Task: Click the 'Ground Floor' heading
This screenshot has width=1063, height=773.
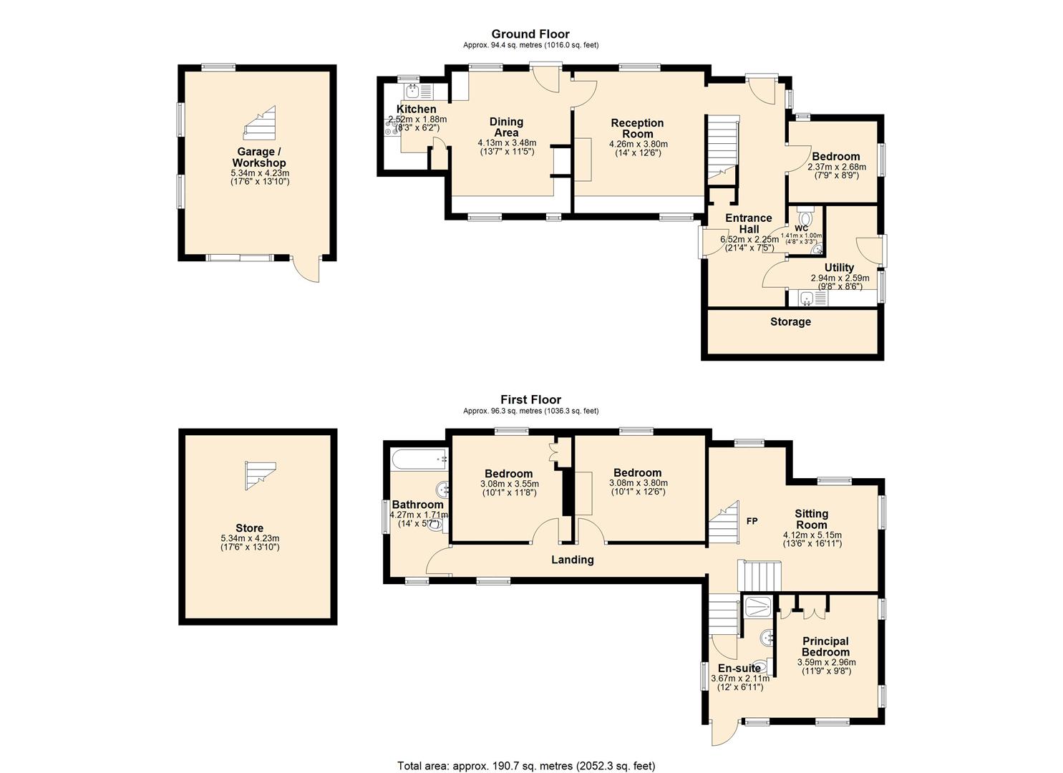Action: pyautogui.click(x=530, y=34)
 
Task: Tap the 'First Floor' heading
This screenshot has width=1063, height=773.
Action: pyautogui.click(x=530, y=399)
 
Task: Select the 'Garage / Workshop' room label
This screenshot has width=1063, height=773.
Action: pyautogui.click(x=259, y=157)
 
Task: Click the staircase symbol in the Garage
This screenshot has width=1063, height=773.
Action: pyautogui.click(x=260, y=122)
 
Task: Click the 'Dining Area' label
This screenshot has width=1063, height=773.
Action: pyautogui.click(x=507, y=127)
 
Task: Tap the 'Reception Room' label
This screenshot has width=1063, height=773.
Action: pyautogui.click(x=637, y=128)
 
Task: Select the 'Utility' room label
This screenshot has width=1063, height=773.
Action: pyautogui.click(x=839, y=268)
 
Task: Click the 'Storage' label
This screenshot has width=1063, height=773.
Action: pyautogui.click(x=790, y=322)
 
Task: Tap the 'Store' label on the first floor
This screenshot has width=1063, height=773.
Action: pyautogui.click(x=250, y=528)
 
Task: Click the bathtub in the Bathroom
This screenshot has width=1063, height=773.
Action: pyautogui.click(x=420, y=459)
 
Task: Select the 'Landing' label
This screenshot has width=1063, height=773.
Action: pyautogui.click(x=573, y=560)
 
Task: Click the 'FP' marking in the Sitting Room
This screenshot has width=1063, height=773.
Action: pyautogui.click(x=752, y=521)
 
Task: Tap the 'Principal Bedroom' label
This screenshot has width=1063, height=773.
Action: pyautogui.click(x=826, y=646)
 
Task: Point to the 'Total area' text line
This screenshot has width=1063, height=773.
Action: pyautogui.click(x=526, y=752)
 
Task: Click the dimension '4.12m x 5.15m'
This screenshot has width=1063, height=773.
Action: pyautogui.click(x=812, y=535)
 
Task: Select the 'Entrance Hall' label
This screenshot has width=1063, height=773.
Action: pyautogui.click(x=748, y=223)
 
